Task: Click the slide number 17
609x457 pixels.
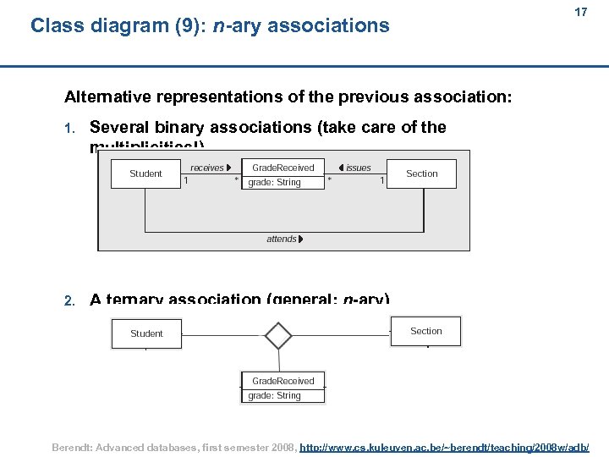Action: [580, 13]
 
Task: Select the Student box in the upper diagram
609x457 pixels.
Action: [145, 173]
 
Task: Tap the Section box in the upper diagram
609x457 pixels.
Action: [421, 173]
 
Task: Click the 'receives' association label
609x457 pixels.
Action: [207, 168]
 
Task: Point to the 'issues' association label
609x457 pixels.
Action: [358, 168]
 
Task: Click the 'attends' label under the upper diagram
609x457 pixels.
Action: [282, 239]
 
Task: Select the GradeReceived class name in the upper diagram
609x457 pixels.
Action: [283, 168]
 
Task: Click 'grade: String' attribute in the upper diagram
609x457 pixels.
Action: [274, 182]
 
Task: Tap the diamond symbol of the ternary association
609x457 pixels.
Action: [278, 335]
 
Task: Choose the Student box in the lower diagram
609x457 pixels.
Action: [146, 333]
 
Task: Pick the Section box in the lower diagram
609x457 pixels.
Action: [425, 331]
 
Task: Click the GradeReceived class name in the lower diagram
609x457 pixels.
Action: [283, 381]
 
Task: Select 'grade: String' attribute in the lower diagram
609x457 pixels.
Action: [274, 395]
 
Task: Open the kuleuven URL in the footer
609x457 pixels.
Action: [445, 446]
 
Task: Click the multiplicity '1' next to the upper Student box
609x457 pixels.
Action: [186, 179]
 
